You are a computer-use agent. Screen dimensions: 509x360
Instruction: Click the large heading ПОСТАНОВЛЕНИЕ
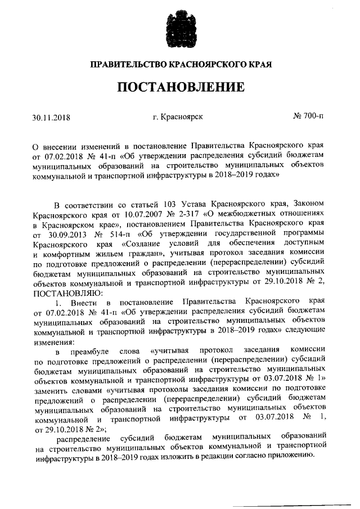coord(180,88)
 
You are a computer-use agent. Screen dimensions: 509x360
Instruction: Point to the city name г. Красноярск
coord(178,117)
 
